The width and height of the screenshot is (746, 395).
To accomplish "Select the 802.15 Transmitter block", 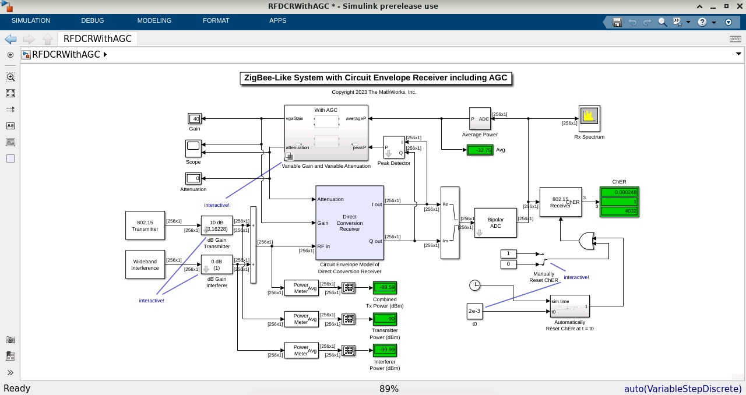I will [x=145, y=225].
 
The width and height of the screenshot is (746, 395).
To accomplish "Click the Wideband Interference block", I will [x=145, y=264].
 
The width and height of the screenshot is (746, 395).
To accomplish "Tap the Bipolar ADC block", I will [x=495, y=223].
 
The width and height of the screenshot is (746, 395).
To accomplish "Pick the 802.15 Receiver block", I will [x=561, y=202].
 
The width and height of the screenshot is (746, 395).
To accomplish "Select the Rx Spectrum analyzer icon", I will [x=589, y=119].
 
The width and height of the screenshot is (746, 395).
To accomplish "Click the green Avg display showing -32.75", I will [x=480, y=150].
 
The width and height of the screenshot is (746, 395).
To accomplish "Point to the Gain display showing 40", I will [x=195, y=119].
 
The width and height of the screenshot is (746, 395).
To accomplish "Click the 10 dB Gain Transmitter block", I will [x=217, y=225].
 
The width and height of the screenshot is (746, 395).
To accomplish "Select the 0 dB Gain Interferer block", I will [x=217, y=264].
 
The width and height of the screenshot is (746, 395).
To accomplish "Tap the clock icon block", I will [x=475, y=285].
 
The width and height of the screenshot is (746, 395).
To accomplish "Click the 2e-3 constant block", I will [x=474, y=311].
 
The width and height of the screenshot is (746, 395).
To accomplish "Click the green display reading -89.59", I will [x=385, y=287].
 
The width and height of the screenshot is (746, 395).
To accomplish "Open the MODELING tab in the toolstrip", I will [x=154, y=21].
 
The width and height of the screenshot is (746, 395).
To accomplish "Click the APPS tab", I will [x=278, y=21].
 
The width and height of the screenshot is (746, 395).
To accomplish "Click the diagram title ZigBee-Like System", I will [x=376, y=78].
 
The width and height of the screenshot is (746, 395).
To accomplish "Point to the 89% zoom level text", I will [x=389, y=389].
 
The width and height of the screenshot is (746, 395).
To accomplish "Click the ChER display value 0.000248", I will [x=619, y=192].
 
